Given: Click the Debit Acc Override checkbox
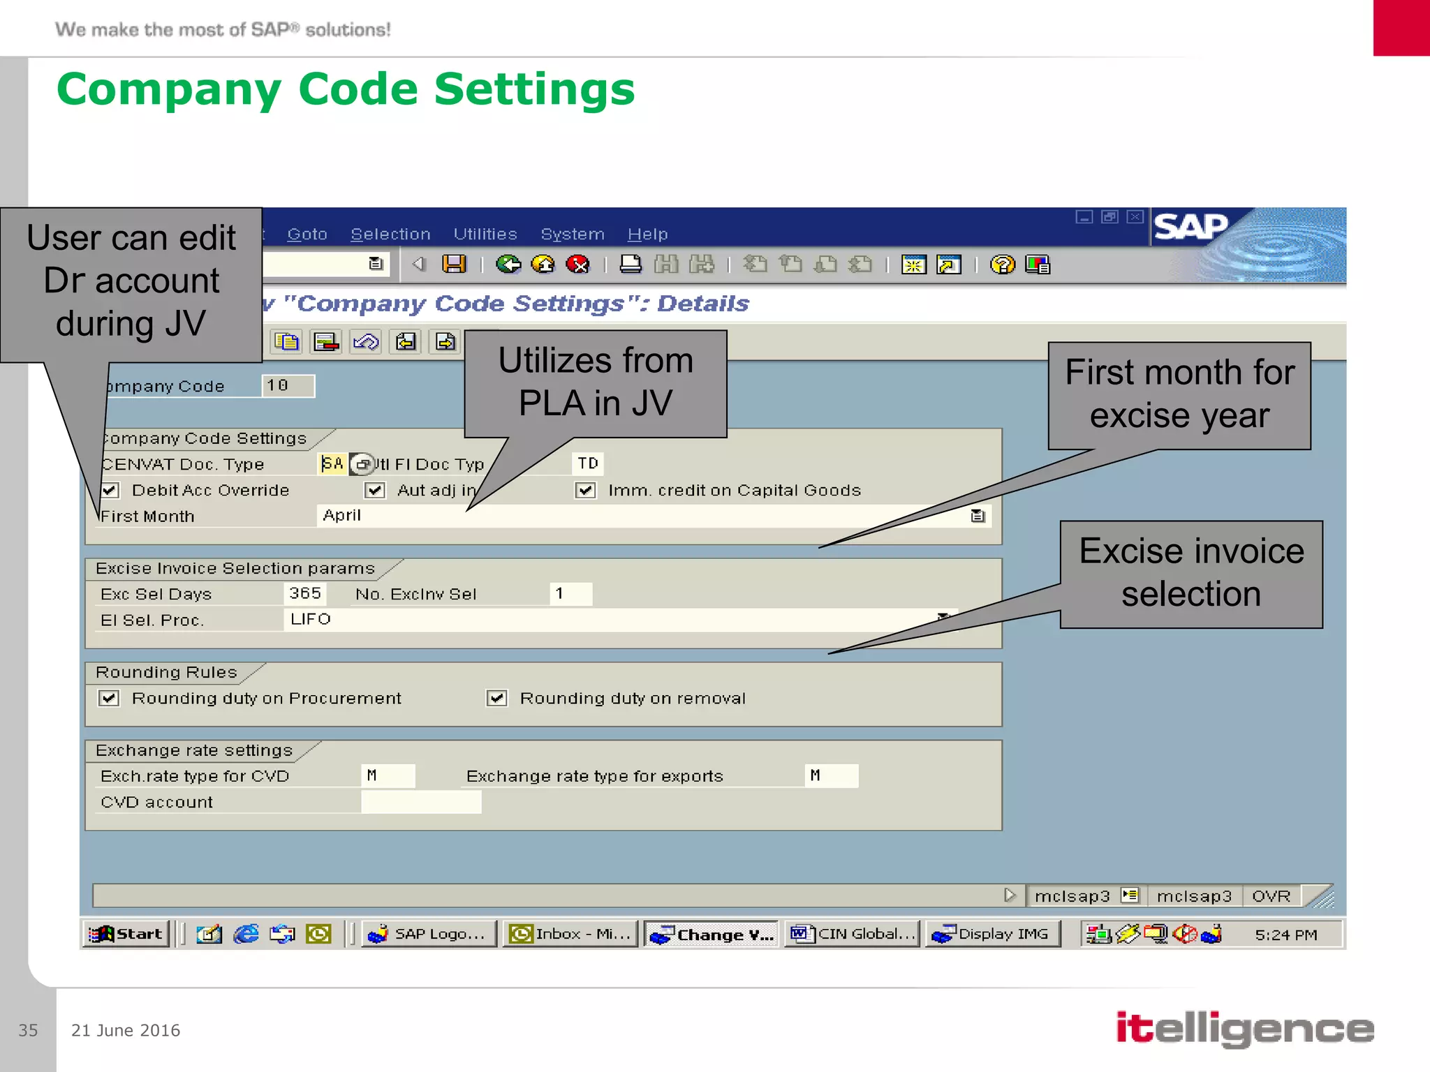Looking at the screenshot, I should click(x=110, y=490).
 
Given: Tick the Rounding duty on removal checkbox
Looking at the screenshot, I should click(x=496, y=698).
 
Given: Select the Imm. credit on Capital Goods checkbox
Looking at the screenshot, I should click(x=585, y=490).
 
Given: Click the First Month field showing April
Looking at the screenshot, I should click(x=642, y=516).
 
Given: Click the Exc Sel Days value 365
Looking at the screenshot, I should click(x=305, y=593).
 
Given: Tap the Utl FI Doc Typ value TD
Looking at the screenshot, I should click(x=588, y=463).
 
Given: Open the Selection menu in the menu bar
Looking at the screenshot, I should click(x=390, y=234).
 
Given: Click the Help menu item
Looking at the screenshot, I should click(x=647, y=234).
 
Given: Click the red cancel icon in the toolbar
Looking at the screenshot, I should click(x=577, y=265).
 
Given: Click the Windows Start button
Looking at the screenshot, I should click(x=126, y=934).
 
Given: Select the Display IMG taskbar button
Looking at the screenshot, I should click(x=992, y=934).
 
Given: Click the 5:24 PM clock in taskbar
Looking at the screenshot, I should click(x=1285, y=935).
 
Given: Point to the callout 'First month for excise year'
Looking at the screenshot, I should click(x=1179, y=394).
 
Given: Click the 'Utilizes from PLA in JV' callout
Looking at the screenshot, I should click(x=596, y=382).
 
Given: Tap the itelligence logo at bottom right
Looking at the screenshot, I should click(x=1244, y=1029).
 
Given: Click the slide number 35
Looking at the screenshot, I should click(x=28, y=1030).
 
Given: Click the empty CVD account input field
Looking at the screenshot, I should click(x=421, y=802).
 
